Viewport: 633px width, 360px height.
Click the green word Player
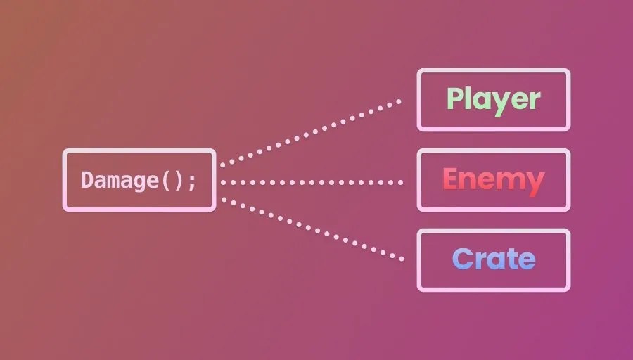[494, 99]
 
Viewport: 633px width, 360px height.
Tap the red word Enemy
[494, 180]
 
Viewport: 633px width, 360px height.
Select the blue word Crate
[494, 259]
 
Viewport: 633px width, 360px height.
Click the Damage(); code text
[139, 180]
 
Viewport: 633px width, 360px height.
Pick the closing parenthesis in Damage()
[179, 180]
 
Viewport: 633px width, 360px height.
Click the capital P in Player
[456, 99]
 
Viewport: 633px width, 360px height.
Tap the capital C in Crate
[463, 259]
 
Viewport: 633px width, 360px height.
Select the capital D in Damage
[87, 180]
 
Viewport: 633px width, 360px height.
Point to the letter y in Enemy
[534, 183]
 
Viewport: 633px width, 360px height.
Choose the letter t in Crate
[511, 259]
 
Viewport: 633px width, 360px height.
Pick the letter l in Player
[472, 98]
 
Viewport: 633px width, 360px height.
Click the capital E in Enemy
[451, 180]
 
